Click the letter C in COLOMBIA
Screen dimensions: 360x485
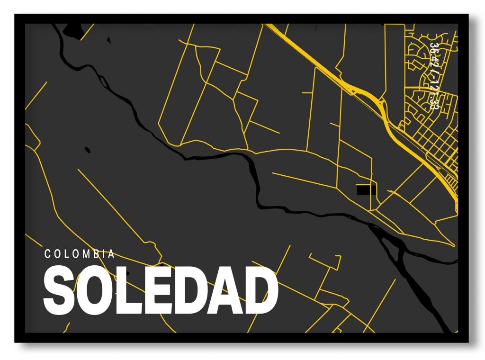[x=48, y=254]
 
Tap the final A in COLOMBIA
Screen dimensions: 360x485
[x=112, y=254]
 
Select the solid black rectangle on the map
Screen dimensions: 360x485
[x=366, y=190]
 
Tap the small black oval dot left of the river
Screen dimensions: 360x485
[x=88, y=150]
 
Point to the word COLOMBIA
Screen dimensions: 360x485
[x=80, y=254]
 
